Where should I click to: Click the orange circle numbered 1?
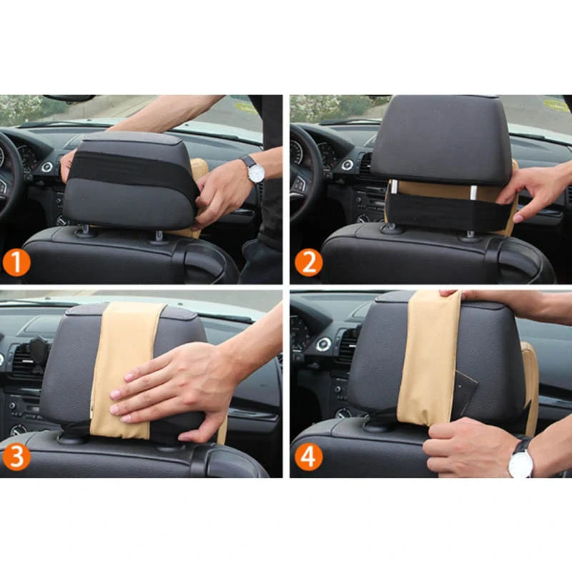click(16, 262)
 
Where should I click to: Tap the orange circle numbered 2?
click(309, 262)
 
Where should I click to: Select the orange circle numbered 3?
click(16, 456)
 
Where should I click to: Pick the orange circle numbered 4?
click(309, 456)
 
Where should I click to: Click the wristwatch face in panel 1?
click(255, 172)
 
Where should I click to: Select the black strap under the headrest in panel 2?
click(447, 212)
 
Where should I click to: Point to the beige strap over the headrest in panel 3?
click(124, 368)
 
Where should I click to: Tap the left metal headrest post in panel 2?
click(394, 188)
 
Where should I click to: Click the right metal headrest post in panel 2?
click(473, 192)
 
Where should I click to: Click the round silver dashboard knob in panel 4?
click(323, 344)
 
